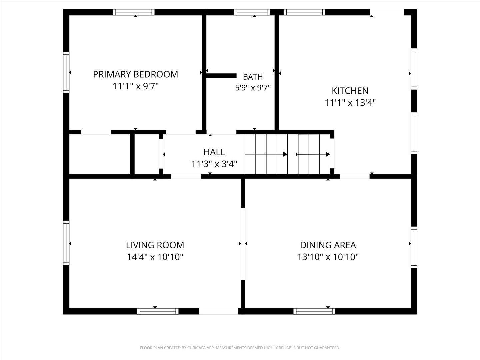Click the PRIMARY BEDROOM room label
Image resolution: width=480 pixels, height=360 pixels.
[136, 74]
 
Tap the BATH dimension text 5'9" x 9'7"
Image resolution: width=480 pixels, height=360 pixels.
[253, 88]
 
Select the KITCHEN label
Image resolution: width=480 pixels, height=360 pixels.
[350, 91]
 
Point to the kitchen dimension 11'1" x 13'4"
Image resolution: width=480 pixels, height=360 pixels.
[350, 103]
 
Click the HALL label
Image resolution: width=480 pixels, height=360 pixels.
[214, 152]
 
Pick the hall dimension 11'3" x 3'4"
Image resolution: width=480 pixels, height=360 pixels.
[214, 164]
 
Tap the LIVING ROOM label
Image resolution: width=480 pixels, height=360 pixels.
[155, 245]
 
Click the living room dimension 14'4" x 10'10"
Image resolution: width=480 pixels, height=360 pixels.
[155, 257]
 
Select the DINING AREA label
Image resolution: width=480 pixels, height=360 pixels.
[328, 245]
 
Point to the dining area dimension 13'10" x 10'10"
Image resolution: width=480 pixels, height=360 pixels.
[328, 257]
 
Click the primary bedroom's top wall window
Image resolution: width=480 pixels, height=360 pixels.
[134, 12]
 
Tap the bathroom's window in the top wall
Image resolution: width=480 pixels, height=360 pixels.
[252, 12]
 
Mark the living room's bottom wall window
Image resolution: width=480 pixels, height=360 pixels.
[158, 311]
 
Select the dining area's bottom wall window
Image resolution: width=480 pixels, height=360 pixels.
[314, 311]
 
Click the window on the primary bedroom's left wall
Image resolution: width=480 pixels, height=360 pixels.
[66, 72]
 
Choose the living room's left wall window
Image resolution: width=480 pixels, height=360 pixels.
[66, 243]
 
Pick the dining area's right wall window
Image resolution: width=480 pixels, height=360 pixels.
[414, 247]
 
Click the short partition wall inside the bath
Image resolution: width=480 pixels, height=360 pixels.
[221, 76]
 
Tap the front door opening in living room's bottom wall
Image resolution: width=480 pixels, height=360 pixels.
[218, 311]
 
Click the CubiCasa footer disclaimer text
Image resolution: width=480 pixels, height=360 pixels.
[240, 348]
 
